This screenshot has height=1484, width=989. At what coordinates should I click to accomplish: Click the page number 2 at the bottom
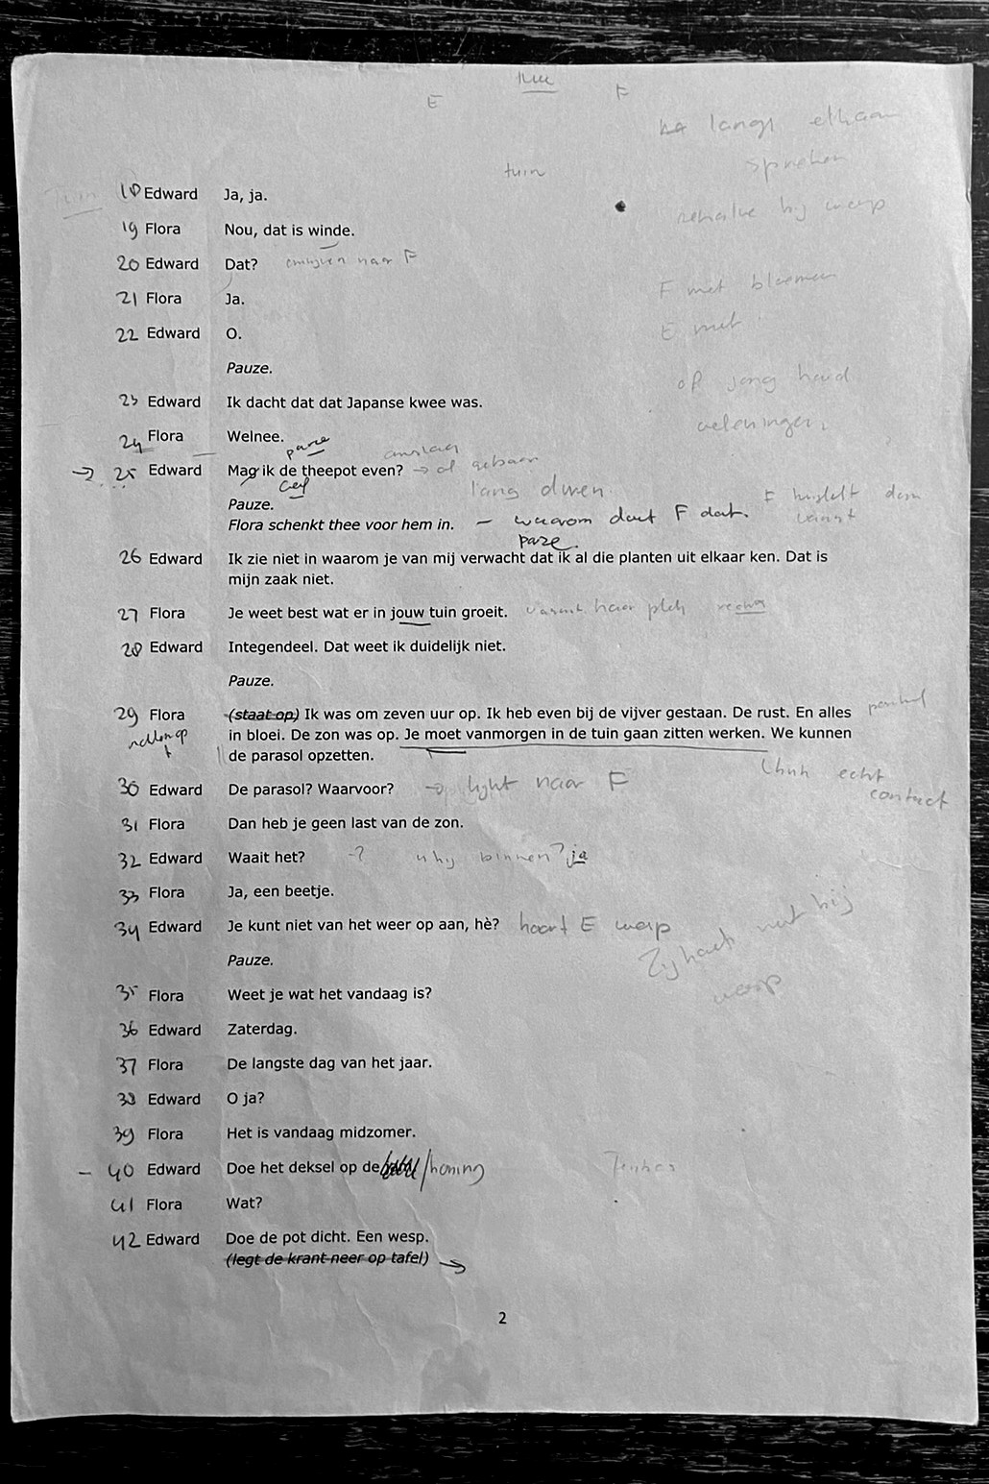(x=501, y=1318)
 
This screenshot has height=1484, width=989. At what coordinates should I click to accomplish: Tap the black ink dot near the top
(x=620, y=206)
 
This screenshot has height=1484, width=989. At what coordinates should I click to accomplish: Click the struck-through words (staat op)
(x=264, y=714)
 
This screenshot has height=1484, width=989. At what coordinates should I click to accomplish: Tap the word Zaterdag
(x=262, y=1029)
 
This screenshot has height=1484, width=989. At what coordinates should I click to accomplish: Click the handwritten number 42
(x=126, y=1240)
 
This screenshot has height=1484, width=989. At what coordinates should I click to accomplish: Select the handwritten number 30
(x=128, y=789)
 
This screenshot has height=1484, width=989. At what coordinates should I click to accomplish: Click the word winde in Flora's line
(x=330, y=230)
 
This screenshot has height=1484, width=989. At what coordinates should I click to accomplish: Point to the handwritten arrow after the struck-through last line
(x=452, y=1266)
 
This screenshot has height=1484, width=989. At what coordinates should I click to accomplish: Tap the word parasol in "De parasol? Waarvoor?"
(x=281, y=790)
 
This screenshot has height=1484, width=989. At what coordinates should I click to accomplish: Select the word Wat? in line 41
(x=244, y=1204)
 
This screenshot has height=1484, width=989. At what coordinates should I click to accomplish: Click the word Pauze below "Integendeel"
(x=251, y=681)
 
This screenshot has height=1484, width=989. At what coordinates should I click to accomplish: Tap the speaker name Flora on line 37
(x=165, y=1064)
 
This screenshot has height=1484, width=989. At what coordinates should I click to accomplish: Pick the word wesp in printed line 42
(x=406, y=1237)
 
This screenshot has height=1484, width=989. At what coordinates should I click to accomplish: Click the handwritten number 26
(x=131, y=557)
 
